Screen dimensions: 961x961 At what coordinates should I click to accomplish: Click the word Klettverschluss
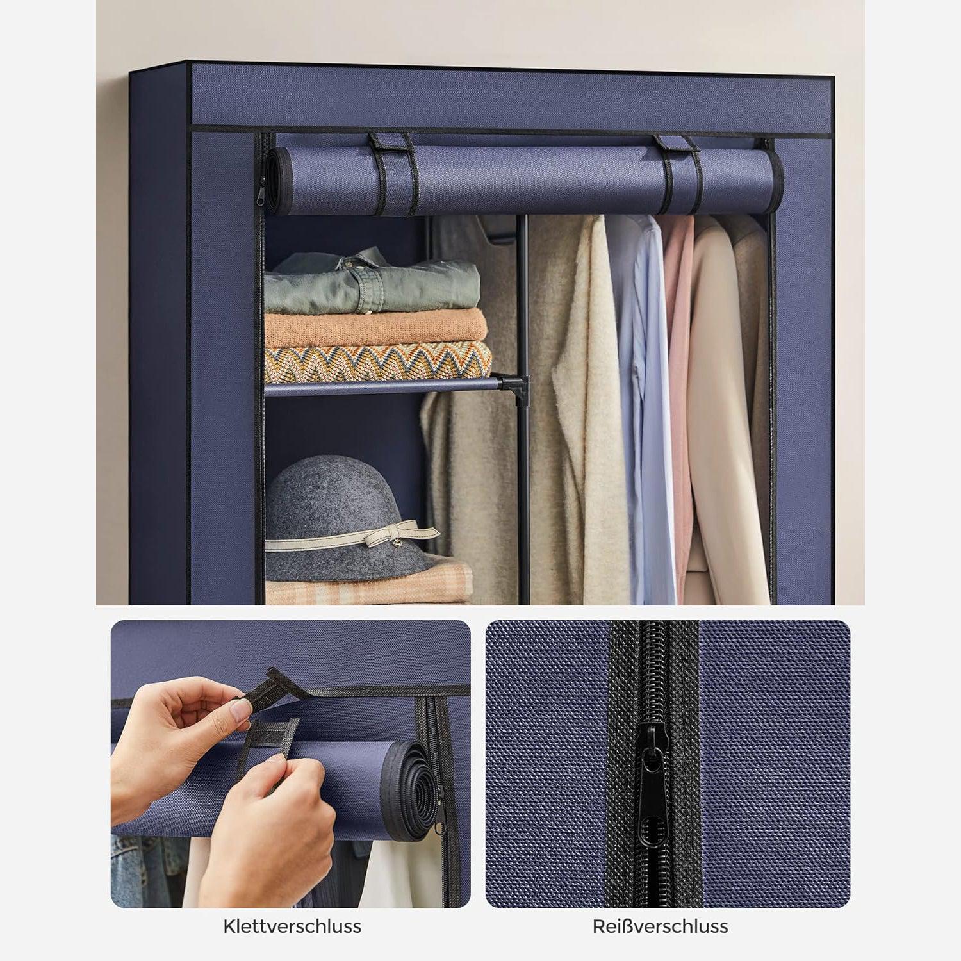pos(292,926)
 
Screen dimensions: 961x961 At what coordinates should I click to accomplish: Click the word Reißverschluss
pos(660,926)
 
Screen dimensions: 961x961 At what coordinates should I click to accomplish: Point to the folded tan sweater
pos(375,328)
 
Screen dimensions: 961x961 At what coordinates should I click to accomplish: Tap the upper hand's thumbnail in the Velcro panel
pos(240,709)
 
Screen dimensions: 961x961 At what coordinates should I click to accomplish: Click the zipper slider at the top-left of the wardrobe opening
pos(261,191)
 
